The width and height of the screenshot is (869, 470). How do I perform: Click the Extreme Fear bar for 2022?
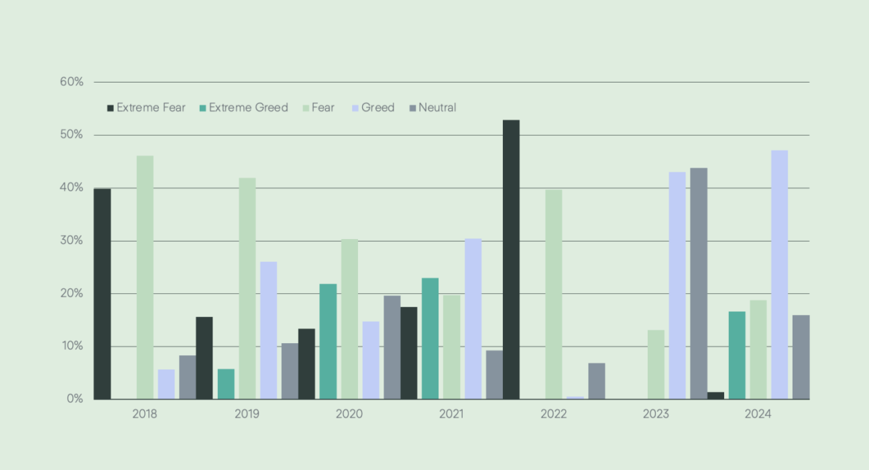pos(511,260)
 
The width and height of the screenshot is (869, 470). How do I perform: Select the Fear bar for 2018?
pos(145,277)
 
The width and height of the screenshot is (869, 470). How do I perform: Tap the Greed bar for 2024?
pos(779,275)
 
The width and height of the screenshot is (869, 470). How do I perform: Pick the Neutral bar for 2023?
pos(699,283)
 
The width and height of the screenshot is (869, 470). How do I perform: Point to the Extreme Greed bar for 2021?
pos(430,338)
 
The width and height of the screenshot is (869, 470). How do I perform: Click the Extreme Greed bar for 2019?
pos(226,384)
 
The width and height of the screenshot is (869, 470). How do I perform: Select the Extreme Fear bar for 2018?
pos(102,294)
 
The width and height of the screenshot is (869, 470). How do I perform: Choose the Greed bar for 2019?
pos(268,330)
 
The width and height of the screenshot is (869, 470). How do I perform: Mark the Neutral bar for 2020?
pos(392,347)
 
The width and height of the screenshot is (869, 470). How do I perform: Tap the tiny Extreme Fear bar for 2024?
pos(715,395)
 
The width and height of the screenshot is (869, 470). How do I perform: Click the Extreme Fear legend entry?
pos(146,107)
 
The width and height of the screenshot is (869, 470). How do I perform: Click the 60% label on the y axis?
pos(71,82)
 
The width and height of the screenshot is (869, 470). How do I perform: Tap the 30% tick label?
pos(71,240)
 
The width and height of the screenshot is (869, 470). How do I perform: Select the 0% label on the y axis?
pos(74,399)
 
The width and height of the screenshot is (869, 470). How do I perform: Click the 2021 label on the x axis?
pos(451,414)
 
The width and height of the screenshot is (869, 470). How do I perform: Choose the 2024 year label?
pos(758,414)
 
